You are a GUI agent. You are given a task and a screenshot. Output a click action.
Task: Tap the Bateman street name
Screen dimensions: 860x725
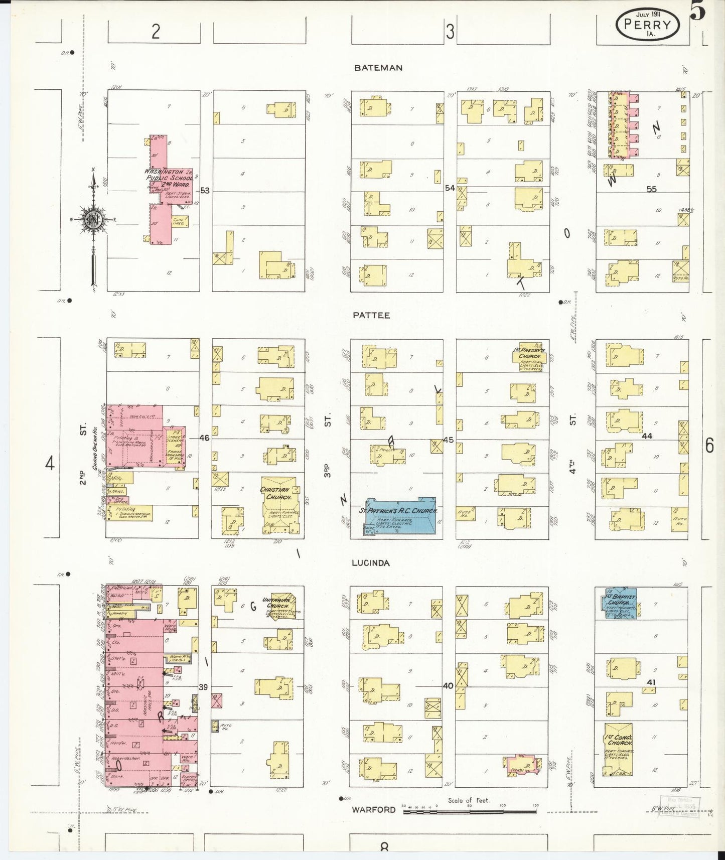[378, 68]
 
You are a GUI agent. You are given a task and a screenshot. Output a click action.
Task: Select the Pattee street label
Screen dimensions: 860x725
[371, 315]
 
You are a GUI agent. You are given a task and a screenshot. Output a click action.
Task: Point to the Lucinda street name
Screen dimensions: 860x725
[371, 563]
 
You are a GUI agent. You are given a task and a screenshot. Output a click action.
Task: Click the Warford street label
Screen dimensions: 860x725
[373, 809]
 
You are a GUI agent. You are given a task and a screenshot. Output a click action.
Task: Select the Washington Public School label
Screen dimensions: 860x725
[168, 175]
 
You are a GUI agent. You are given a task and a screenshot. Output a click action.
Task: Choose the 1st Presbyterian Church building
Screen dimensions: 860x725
[529, 356]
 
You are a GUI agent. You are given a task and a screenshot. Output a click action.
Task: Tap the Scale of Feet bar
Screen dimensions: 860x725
[470, 811]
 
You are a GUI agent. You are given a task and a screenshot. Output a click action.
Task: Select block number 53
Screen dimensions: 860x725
[205, 191]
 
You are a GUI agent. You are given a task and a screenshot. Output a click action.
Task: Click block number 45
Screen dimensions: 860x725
[448, 440]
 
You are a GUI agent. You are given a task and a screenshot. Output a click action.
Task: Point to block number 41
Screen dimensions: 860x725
[651, 682]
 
